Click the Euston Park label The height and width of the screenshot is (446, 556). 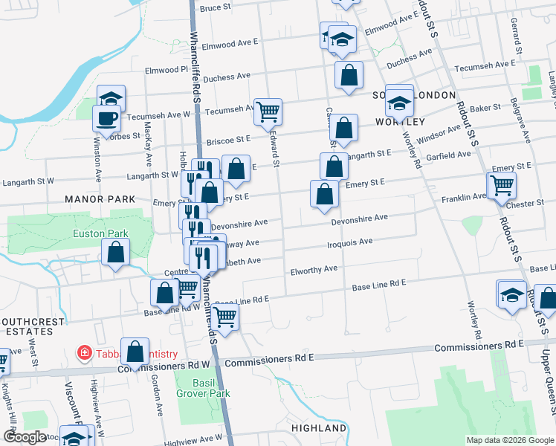[100, 233]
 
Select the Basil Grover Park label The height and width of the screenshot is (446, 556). [202, 387]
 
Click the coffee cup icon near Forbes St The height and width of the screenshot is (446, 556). [107, 117]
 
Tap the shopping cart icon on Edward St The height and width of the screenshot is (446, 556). [268, 111]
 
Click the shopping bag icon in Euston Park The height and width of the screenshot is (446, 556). [117, 253]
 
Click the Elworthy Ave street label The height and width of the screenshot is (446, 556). [314, 269]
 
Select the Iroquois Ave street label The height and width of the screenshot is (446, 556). [349, 242]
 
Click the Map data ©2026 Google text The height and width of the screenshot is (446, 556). [509, 440]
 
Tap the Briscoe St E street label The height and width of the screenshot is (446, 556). [228, 140]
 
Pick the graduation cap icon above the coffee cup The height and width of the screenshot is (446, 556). [111, 98]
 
